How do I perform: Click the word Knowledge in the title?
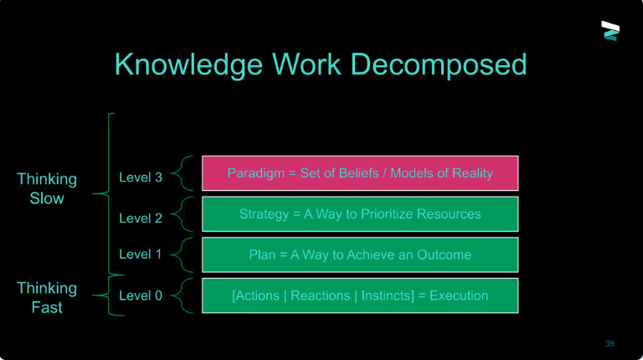188,64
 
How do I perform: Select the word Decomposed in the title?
439,64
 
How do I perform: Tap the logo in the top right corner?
610,31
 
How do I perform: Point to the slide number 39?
610,343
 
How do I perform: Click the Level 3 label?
141,177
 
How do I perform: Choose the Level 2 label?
141,219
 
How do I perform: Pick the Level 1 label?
141,255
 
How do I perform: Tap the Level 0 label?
141,296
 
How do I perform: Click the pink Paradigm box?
360,173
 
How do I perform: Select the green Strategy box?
360,214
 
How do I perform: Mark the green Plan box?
360,255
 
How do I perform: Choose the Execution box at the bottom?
360,296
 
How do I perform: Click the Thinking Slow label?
47,188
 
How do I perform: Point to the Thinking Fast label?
47,298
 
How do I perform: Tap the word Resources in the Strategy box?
449,214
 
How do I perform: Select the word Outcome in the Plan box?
444,255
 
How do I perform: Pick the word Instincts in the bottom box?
388,296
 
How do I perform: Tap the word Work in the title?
306,64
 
